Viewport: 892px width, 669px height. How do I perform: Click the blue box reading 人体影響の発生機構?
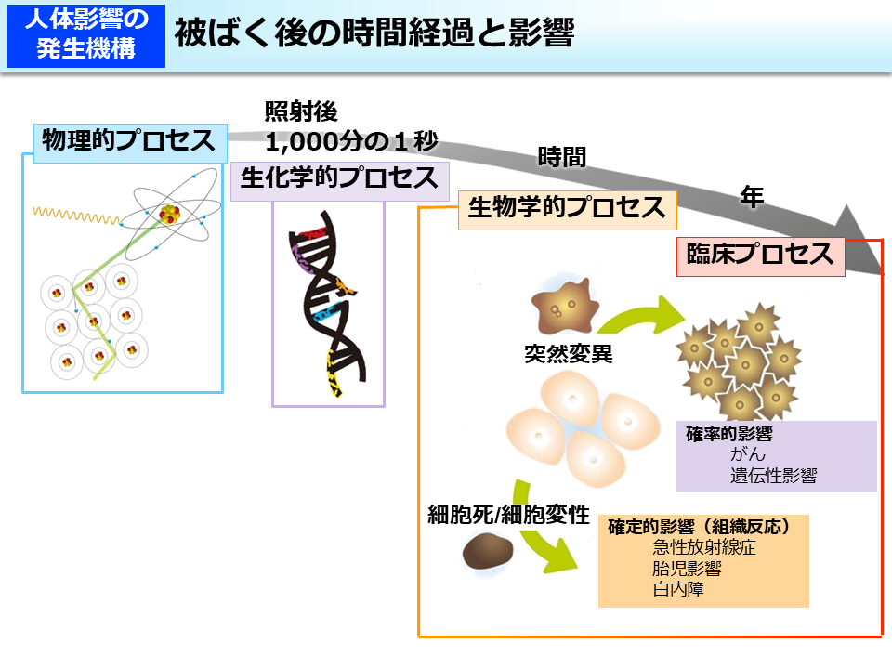pos(86,34)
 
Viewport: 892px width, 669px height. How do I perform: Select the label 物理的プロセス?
pos(129,141)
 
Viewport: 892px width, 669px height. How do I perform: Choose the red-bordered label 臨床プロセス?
pos(759,255)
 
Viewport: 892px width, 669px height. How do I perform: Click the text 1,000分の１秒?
pos(351,141)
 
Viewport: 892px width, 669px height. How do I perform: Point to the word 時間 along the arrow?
pos(562,157)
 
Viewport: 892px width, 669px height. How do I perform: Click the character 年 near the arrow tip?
pos(752,196)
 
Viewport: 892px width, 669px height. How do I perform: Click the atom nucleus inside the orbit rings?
pos(168,216)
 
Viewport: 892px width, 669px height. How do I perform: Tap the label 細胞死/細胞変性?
pos(508,514)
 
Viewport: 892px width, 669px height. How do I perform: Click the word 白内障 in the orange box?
pos(678,589)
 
